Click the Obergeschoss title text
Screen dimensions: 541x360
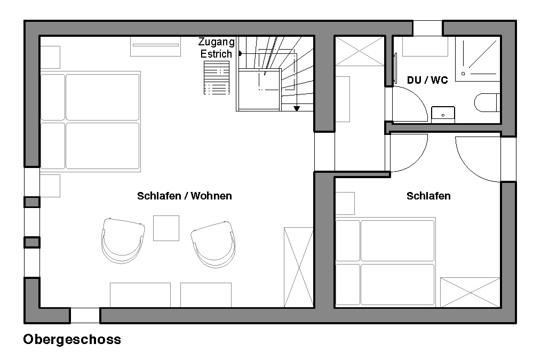[x=72, y=340]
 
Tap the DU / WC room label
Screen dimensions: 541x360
[x=427, y=80]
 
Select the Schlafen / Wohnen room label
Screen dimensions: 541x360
[x=185, y=196]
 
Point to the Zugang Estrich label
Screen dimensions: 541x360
[x=216, y=48]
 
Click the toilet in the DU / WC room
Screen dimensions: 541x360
[x=487, y=102]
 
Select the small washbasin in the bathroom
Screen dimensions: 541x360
[x=443, y=115]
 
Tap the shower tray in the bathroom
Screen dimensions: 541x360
[x=478, y=59]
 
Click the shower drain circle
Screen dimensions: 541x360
[x=463, y=74]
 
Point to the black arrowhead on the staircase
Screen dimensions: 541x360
[x=297, y=109]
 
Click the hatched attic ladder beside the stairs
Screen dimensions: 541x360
[x=217, y=77]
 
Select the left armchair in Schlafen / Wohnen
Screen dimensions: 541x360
[x=123, y=241]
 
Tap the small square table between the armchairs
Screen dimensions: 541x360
[x=166, y=228]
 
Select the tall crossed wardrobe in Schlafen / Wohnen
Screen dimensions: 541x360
[x=298, y=267]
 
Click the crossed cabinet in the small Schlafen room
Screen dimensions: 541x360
[x=470, y=292]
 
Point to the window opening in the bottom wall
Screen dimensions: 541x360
[x=85, y=316]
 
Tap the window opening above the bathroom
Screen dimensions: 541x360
[x=427, y=28]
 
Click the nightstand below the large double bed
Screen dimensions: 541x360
[x=50, y=186]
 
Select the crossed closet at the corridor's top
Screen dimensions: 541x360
[x=360, y=51]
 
